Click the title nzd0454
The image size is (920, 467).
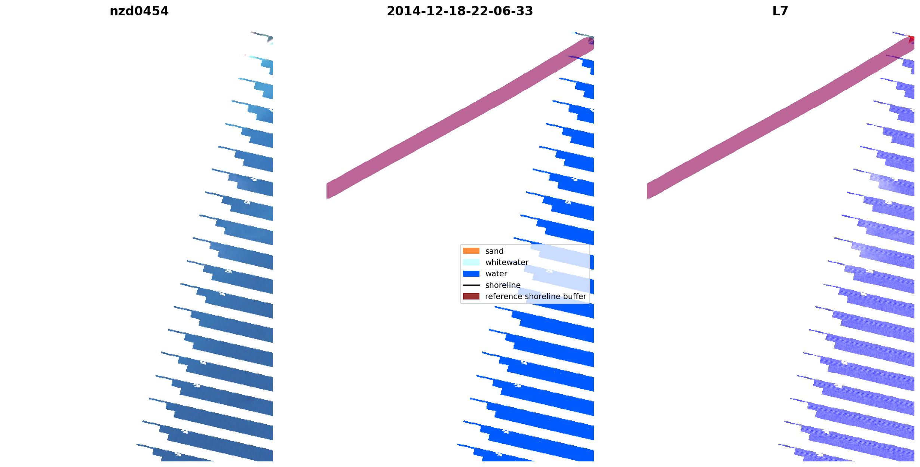click(x=139, y=11)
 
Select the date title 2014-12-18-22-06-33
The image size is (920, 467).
click(x=460, y=11)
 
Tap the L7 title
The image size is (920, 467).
click(x=780, y=11)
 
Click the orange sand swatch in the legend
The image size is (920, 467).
click(x=471, y=251)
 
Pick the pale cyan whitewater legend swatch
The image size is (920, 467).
click(x=471, y=262)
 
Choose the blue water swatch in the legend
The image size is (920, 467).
click(x=471, y=274)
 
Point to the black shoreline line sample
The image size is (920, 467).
click(x=471, y=285)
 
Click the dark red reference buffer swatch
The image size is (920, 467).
click(x=471, y=297)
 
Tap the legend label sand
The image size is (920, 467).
click(x=494, y=251)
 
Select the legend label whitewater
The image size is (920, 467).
click(x=507, y=262)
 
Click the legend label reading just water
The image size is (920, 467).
click(x=496, y=274)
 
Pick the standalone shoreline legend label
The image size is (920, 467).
click(x=503, y=285)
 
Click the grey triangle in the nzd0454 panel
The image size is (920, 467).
click(x=270, y=39)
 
